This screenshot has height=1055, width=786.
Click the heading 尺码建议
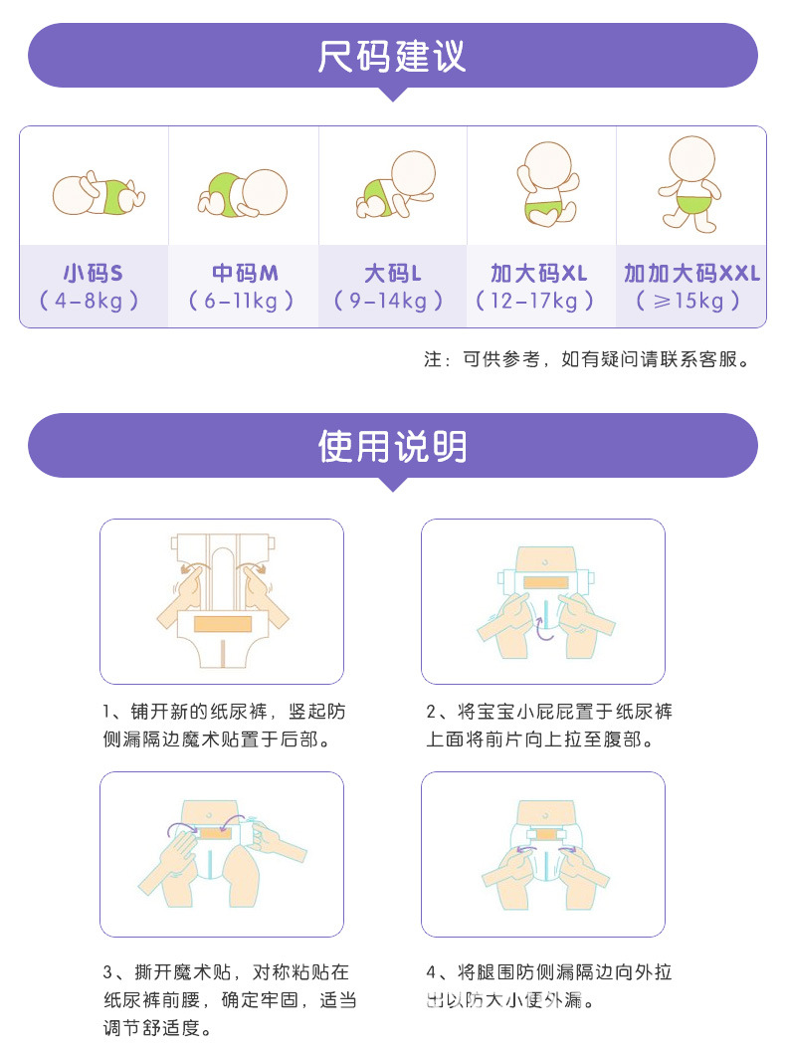click(x=392, y=56)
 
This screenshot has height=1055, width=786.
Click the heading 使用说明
click(x=392, y=447)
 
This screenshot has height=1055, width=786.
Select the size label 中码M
click(x=243, y=273)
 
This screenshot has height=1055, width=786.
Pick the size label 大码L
click(x=392, y=273)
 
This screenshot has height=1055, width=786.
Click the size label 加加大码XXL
click(x=691, y=273)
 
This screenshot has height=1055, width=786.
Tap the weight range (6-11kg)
click(x=243, y=301)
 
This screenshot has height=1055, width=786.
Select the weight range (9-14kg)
click(x=392, y=301)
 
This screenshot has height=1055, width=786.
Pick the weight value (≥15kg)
click(x=690, y=301)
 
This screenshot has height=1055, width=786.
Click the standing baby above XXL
click(x=690, y=185)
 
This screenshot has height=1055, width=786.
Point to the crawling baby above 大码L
click(x=396, y=186)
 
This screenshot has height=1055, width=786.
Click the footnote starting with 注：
click(x=586, y=359)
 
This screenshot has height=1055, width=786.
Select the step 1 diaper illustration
click(x=222, y=600)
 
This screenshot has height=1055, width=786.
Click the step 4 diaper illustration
click(x=542, y=854)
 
